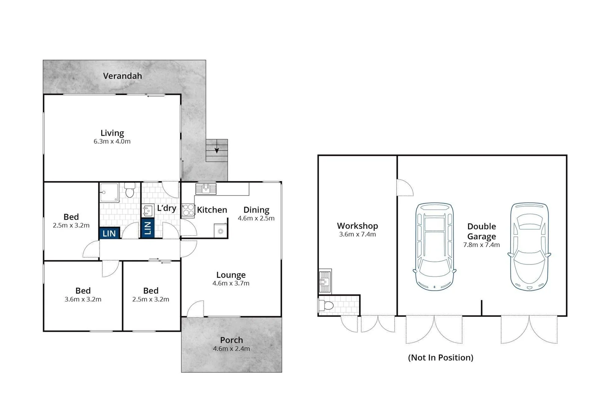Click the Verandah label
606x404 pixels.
tap(122, 76)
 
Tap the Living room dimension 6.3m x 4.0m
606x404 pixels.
tap(112, 141)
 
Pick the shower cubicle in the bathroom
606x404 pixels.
tap(109, 192)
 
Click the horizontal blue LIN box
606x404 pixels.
tap(109, 233)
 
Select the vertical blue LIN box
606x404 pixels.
tap(147, 228)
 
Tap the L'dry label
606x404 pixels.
tap(167, 208)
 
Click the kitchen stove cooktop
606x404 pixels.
tap(188, 210)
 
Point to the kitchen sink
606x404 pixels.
tap(205, 189)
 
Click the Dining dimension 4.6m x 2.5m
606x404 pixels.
tap(256, 218)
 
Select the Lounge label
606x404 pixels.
tap(231, 275)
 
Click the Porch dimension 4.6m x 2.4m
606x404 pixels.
tap(231, 349)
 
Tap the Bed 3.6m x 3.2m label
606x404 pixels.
tap(83, 291)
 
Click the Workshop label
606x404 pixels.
tap(357, 226)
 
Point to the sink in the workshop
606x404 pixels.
tap(325, 281)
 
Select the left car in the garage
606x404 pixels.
tap(435, 247)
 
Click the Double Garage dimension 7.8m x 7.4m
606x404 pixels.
tap(481, 245)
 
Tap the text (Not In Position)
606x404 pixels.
tap(441, 358)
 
